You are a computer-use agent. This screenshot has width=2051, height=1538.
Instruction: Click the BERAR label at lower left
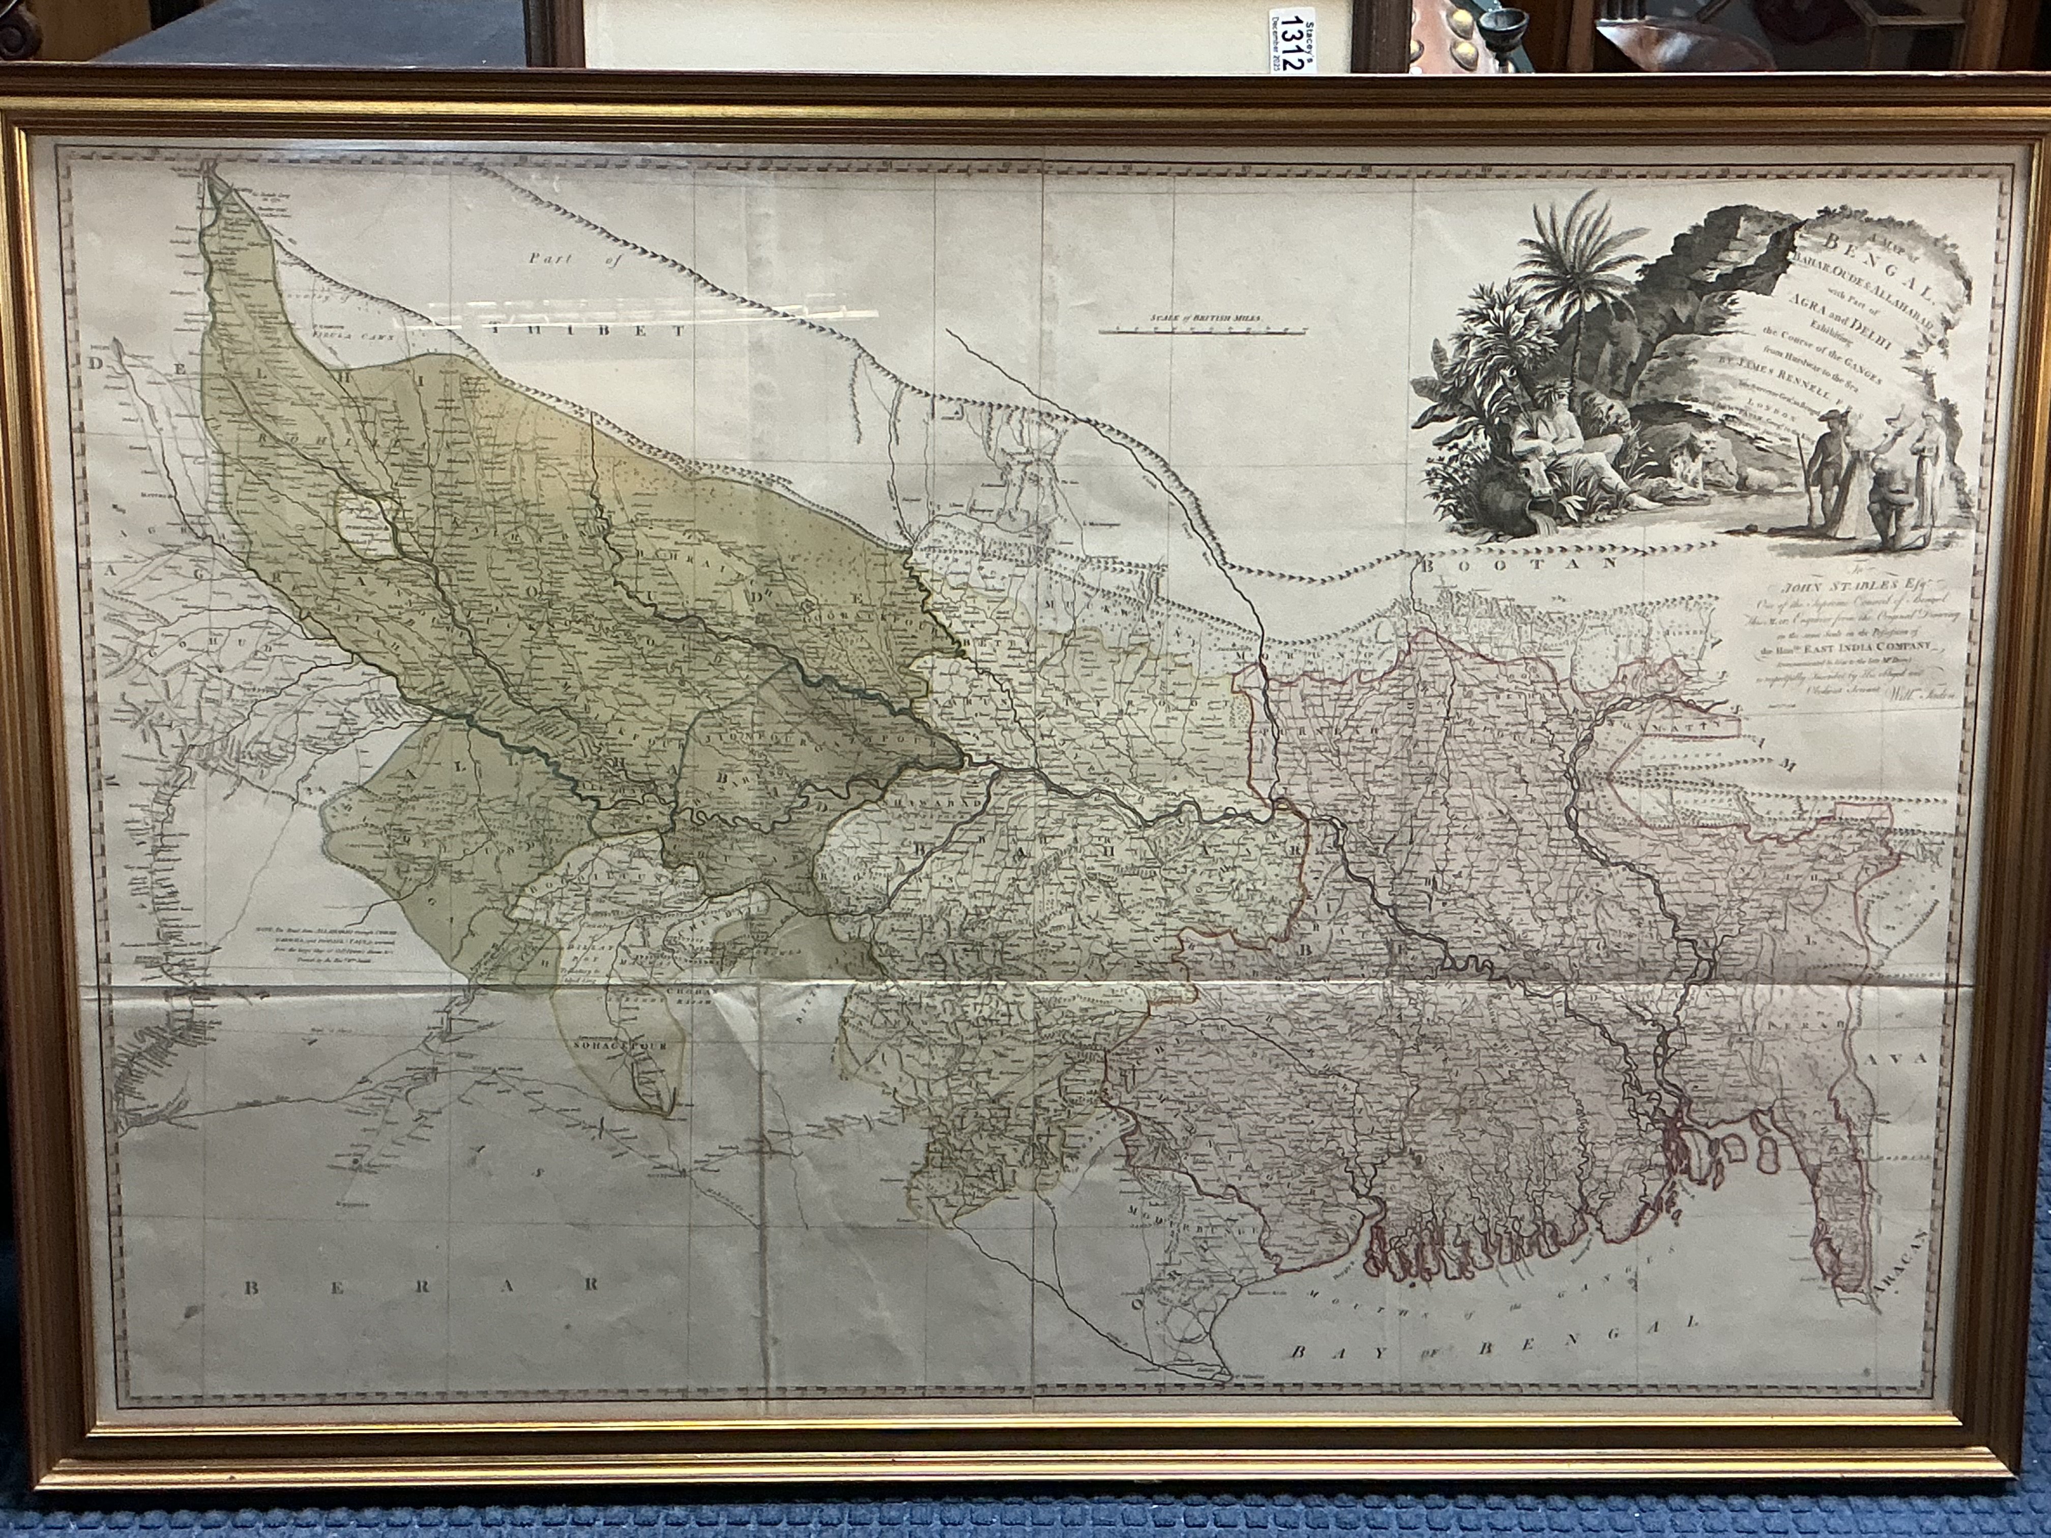[417, 1285]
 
